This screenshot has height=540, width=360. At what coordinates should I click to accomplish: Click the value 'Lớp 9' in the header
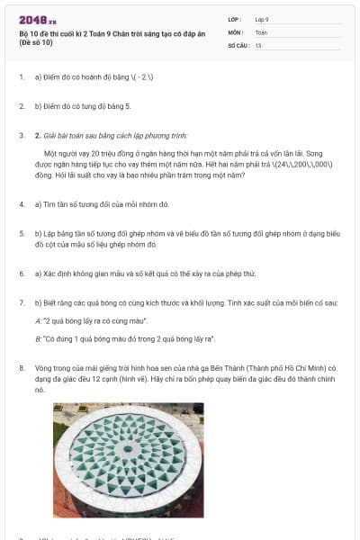(262, 18)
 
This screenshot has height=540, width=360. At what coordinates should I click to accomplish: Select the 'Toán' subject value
(261, 31)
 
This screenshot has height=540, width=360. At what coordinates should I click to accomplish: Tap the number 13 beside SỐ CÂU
(258, 44)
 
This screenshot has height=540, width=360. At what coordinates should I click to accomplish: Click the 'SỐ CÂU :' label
(238, 44)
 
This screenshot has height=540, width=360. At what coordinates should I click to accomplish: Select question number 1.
(22, 77)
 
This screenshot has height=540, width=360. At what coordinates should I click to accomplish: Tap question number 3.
(22, 136)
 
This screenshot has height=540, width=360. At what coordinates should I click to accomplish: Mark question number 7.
(22, 302)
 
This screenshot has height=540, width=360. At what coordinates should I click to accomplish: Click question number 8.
(22, 368)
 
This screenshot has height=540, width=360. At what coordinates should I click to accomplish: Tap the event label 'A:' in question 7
(38, 320)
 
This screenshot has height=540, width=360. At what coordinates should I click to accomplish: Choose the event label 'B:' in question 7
(38, 338)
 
